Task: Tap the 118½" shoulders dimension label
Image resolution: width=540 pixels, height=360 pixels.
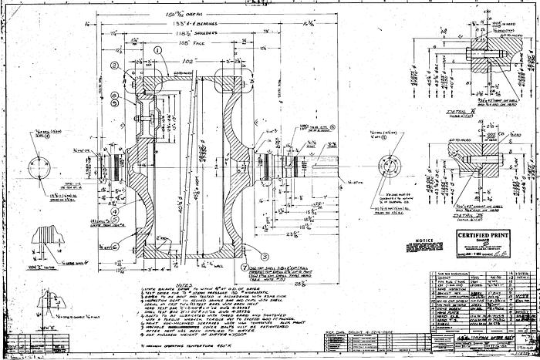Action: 174,35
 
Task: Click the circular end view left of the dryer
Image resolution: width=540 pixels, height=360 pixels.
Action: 37,167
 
